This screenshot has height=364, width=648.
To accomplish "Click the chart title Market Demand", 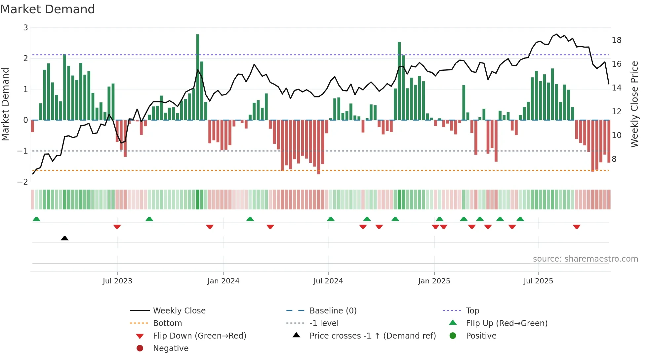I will pyautogui.click(x=48, y=9).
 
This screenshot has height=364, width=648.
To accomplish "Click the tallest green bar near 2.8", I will pyautogui.click(x=198, y=77).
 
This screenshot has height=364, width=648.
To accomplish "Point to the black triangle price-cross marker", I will pyautogui.click(x=65, y=238).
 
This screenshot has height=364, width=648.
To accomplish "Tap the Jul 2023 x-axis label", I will pyautogui.click(x=117, y=281).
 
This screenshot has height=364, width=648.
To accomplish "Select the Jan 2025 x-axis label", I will pyautogui.click(x=434, y=281).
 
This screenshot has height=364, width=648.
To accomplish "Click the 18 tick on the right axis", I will pyautogui.click(x=617, y=40).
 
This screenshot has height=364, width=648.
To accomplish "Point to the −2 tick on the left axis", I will pyautogui.click(x=23, y=182).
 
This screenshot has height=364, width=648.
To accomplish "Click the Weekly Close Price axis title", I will pyautogui.click(x=634, y=104).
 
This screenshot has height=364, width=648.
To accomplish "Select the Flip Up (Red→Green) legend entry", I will pyautogui.click(x=506, y=323).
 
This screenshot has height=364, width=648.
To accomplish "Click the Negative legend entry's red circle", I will pyautogui.click(x=140, y=348).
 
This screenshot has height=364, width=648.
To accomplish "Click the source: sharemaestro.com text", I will pyautogui.click(x=585, y=259).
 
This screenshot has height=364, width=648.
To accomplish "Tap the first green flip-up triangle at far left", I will pyautogui.click(x=36, y=219).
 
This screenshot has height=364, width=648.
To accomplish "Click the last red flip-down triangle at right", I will pyautogui.click(x=577, y=227).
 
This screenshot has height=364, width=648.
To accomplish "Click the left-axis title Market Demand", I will pyautogui.click(x=6, y=104).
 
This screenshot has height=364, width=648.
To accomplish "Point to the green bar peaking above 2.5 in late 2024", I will pyautogui.click(x=399, y=81).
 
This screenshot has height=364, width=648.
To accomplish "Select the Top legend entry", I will pyautogui.click(x=472, y=311).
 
